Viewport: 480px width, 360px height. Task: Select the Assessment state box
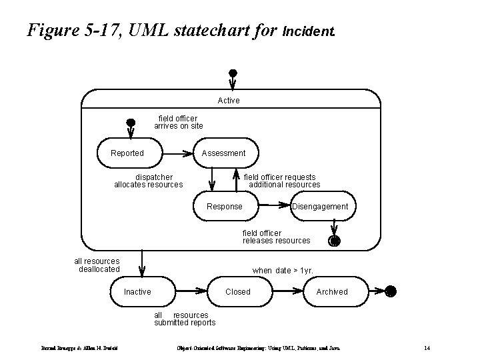pyautogui.click(x=223, y=153)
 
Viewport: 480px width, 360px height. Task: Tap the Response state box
pyautogui.click(x=225, y=206)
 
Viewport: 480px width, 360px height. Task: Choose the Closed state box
pyautogui.click(x=238, y=291)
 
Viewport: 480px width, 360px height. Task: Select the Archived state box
pyautogui.click(x=332, y=291)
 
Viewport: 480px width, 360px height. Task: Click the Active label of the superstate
pyautogui.click(x=229, y=101)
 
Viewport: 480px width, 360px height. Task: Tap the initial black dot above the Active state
pyautogui.click(x=232, y=73)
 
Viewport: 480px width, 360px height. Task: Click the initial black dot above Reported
pyautogui.click(x=131, y=123)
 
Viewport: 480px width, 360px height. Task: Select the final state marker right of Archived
pyautogui.click(x=391, y=291)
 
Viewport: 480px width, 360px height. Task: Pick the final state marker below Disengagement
pyautogui.click(x=335, y=241)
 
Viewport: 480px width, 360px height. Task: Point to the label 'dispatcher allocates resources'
pyautogui.click(x=149, y=181)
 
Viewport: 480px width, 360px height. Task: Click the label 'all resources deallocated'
pyautogui.click(x=97, y=265)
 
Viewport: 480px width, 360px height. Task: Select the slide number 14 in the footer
pyautogui.click(x=426, y=348)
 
